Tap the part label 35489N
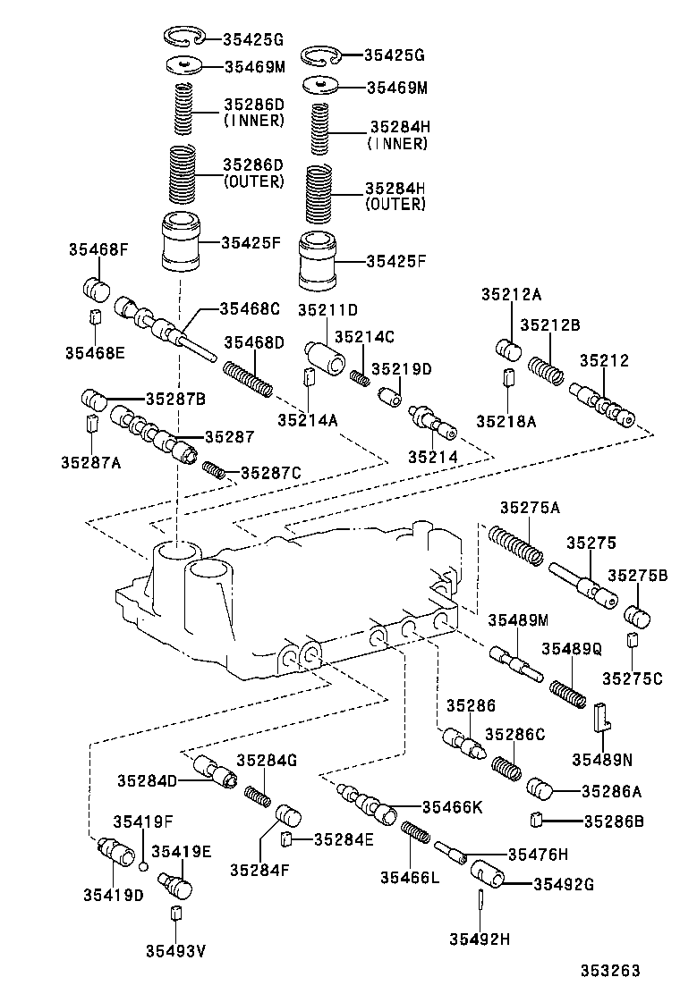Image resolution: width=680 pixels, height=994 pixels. [601, 760]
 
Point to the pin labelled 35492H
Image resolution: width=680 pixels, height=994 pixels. [480, 897]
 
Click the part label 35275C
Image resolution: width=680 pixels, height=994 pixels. [633, 678]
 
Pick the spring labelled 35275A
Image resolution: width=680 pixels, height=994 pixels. [515, 544]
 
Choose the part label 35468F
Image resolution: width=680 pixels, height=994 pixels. [98, 250]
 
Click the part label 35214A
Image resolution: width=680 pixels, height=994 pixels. [307, 418]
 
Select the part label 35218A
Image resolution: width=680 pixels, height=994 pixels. [506, 420]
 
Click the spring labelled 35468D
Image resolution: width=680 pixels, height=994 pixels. [248, 376]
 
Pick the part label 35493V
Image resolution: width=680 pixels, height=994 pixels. [176, 949]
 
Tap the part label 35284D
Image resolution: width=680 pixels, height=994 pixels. [147, 779]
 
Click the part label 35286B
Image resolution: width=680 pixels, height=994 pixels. [614, 820]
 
